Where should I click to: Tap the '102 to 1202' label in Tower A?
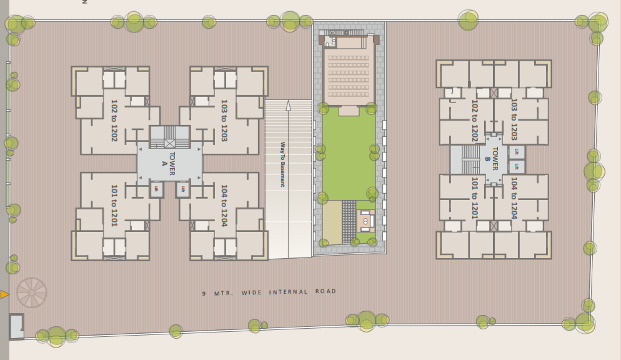coord(114,120)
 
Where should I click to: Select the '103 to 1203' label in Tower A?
coord(224,120)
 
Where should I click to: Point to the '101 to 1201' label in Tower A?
coord(114,205)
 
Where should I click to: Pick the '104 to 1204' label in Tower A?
coord(224,205)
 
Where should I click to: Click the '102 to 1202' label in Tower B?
coord(475,120)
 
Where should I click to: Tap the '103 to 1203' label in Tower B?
coord(514,119)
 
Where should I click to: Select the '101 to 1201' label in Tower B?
coord(475,197)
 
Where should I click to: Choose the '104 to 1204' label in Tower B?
coord(514,197)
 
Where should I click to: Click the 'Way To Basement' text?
coord(282,164)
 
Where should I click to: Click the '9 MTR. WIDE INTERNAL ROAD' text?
coord(269,292)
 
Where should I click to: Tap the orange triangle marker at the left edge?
coord(4,294)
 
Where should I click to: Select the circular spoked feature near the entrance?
coord(31,292)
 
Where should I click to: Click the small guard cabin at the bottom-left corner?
coord(16,326)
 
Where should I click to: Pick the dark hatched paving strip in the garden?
coord(349,221)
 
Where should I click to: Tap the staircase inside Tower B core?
coord(470,159)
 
